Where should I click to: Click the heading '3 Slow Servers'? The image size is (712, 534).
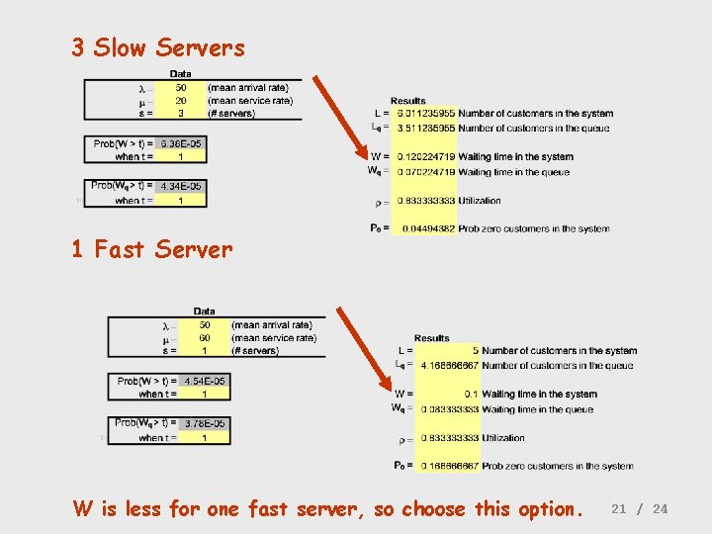158,47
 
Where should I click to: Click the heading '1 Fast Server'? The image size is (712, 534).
151,249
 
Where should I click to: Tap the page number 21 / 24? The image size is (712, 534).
640,508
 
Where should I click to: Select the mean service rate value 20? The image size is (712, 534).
181,100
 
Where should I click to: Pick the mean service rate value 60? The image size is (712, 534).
205,337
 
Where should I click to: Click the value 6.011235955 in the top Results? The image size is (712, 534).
426,113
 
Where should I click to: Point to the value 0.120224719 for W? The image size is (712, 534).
426,156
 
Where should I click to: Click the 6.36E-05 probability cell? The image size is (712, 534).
180,143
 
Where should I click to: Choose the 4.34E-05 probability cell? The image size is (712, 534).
180,186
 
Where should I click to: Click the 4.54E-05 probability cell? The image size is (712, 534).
204,381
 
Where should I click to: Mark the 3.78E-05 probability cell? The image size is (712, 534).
204,423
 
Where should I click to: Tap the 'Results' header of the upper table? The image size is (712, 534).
408,100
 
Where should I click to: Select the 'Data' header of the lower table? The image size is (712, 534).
205,311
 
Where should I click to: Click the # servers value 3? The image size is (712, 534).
181,113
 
